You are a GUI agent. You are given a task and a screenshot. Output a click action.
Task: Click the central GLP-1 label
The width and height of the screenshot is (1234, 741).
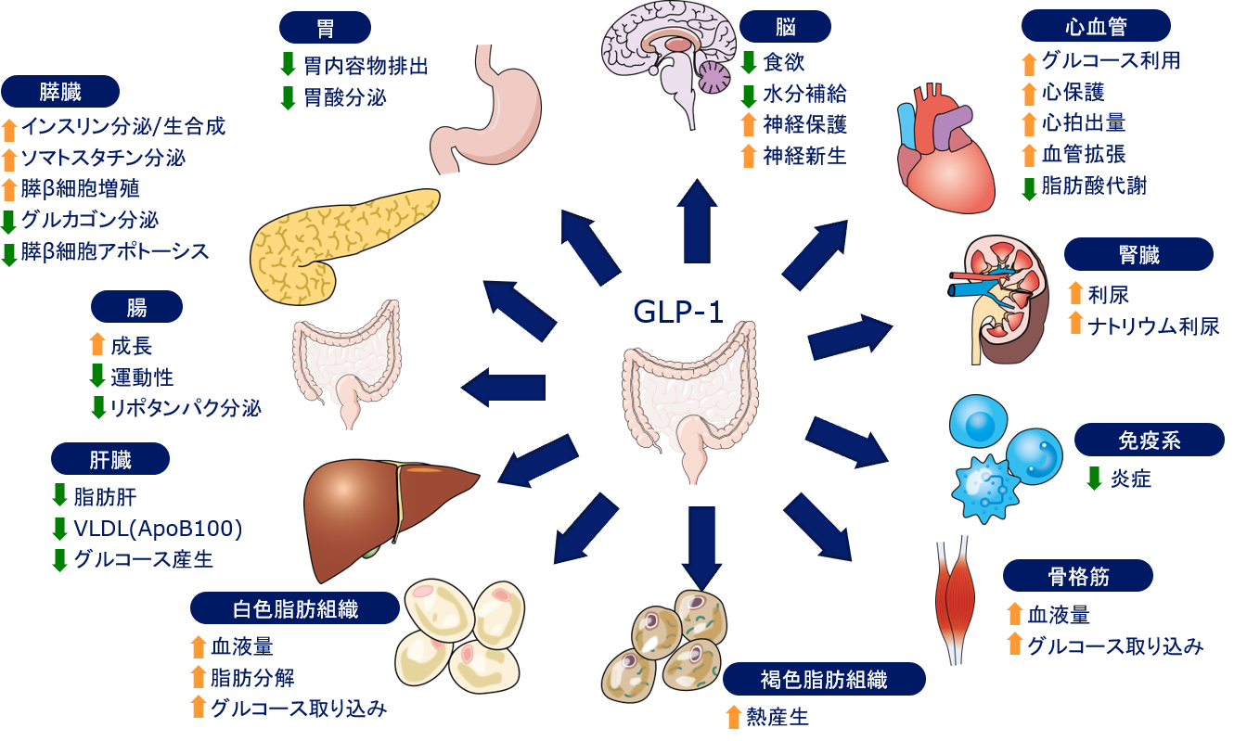tap(678, 312)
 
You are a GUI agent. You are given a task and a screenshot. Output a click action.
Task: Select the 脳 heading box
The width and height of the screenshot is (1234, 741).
tap(786, 27)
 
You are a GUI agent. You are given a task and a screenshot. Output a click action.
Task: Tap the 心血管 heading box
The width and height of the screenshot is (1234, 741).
tap(1096, 27)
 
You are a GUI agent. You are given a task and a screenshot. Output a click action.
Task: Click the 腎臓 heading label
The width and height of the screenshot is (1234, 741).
tap(1138, 254)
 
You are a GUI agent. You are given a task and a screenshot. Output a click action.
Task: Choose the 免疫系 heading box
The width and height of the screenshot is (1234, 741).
tap(1150, 440)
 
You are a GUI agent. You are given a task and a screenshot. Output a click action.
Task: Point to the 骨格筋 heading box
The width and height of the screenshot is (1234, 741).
tap(1077, 576)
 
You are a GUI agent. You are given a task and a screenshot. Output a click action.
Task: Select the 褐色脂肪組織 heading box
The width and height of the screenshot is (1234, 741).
tap(825, 679)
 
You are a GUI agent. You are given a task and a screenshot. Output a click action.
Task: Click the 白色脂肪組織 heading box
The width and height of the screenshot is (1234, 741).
tap(295, 608)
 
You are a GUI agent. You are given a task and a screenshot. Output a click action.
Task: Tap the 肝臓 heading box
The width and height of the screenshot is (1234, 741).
tap(110, 459)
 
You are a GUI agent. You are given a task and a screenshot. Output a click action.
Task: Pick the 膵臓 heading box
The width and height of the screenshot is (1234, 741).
tap(61, 92)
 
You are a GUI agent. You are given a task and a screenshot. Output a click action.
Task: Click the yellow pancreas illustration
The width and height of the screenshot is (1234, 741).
tap(334, 241)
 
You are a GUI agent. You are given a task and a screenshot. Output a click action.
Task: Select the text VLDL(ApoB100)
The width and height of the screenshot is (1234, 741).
tap(159, 530)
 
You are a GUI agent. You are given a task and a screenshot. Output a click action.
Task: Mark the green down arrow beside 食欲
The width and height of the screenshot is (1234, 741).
tap(749, 63)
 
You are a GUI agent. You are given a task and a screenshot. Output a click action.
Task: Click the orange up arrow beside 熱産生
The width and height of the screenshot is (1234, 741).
tap(733, 717)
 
